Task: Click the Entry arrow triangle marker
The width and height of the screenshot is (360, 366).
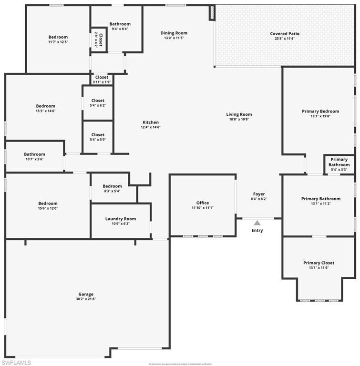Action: tap(257, 223)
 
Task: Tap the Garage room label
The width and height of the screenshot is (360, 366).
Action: tap(86, 294)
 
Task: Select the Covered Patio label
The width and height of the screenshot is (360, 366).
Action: tap(285, 34)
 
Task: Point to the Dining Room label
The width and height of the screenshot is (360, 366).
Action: tap(174, 33)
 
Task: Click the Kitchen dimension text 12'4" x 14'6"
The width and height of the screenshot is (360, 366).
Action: tap(150, 127)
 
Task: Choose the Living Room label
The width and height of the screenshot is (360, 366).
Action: tap(239, 114)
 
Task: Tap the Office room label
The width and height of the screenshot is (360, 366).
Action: tap(203, 203)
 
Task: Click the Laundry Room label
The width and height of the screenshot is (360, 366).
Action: tap(121, 219)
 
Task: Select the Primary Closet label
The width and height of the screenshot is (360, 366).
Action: tap(319, 263)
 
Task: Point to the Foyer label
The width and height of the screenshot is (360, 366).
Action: tap(259, 194)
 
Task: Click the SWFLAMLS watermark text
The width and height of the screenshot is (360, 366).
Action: tap(16, 363)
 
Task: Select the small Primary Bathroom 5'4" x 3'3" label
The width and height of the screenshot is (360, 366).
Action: tap(339, 162)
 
